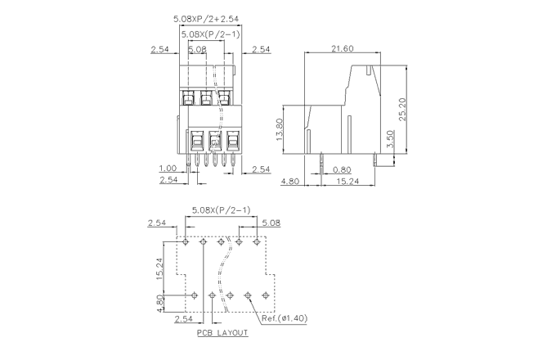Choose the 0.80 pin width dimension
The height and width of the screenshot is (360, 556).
coord(344,170)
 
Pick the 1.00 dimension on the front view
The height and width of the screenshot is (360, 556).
coord(168,169)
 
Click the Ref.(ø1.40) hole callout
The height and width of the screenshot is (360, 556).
coord(284,318)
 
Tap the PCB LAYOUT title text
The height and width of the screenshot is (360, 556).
coord(222,334)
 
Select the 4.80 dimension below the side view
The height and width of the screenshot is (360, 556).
coord(289,181)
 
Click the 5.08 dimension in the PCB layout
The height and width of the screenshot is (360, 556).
coord(271,222)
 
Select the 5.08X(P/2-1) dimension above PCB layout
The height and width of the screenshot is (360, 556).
coord(222,210)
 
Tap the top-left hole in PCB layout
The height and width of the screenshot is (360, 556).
coord(186,241)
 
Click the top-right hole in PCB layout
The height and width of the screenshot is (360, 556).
coord(257,241)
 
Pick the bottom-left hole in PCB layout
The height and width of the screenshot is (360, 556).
coord(195,295)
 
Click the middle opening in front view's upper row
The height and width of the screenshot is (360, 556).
coord(206,99)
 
